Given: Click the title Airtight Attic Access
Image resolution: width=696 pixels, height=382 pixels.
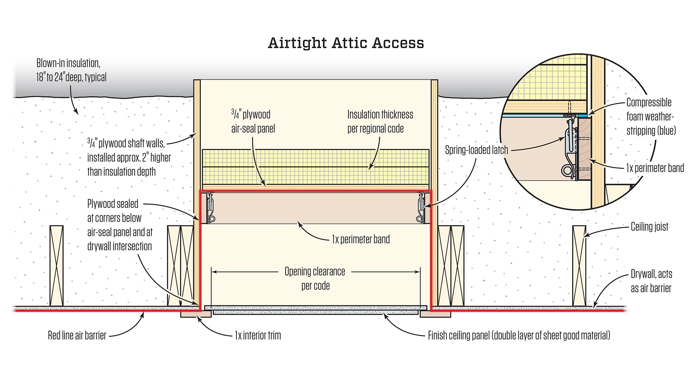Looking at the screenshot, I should (x=346, y=43).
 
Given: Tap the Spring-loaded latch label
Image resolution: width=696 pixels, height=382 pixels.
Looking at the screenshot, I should (x=476, y=150).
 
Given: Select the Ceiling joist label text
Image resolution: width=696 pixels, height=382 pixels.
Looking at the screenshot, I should (x=649, y=227).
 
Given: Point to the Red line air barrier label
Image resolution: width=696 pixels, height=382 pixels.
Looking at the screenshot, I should (x=77, y=335).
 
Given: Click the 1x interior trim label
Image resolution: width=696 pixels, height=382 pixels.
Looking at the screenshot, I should (x=258, y=335).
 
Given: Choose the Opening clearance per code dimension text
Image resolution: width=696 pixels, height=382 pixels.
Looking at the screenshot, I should (x=315, y=278).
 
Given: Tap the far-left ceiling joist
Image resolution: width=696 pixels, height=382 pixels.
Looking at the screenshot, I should (x=56, y=266).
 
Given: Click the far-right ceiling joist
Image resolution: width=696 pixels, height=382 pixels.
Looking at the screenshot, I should (x=579, y=266).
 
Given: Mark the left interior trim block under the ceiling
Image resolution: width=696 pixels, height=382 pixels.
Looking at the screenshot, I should (x=195, y=314).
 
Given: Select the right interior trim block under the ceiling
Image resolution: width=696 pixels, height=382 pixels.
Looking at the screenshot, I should (x=435, y=314).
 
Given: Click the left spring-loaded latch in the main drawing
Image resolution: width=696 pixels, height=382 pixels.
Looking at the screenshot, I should (x=210, y=208).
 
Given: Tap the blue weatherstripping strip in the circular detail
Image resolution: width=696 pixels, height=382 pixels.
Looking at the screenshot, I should (x=543, y=115).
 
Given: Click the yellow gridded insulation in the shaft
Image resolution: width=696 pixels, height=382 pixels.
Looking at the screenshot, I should (x=315, y=166).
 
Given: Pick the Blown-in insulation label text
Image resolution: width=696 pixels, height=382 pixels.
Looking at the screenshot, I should (x=71, y=70).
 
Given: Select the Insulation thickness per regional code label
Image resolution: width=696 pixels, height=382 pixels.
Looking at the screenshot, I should (x=380, y=122).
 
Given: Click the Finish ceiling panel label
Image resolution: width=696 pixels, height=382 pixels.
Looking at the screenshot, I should (x=519, y=335).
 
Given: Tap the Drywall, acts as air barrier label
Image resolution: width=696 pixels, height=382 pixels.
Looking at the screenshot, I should (x=651, y=281).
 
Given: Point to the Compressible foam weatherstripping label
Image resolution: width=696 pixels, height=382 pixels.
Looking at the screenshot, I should (x=651, y=116).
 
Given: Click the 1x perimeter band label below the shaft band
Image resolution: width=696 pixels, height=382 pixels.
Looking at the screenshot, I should (x=361, y=240).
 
